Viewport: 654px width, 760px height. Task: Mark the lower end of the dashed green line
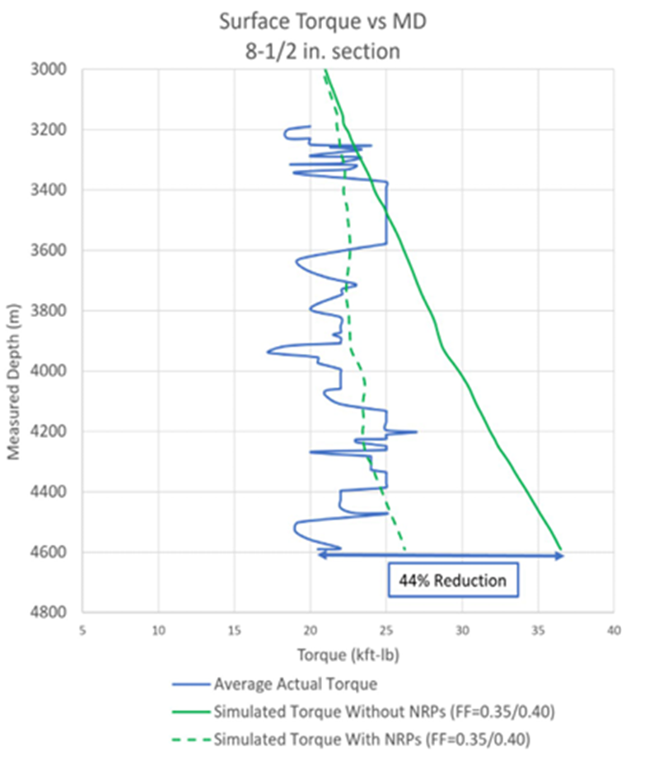click(405, 551)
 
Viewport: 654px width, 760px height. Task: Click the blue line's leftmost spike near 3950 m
click(268, 352)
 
